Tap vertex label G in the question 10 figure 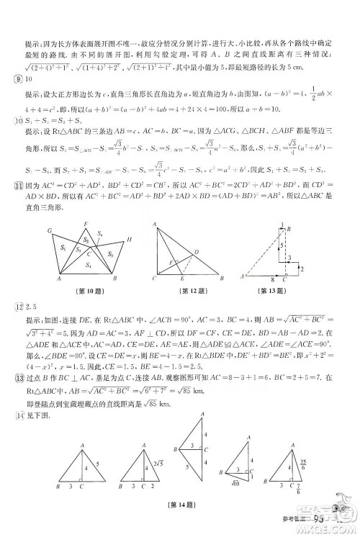click(x=50, y=230)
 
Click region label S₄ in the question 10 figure click(x=90, y=265)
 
